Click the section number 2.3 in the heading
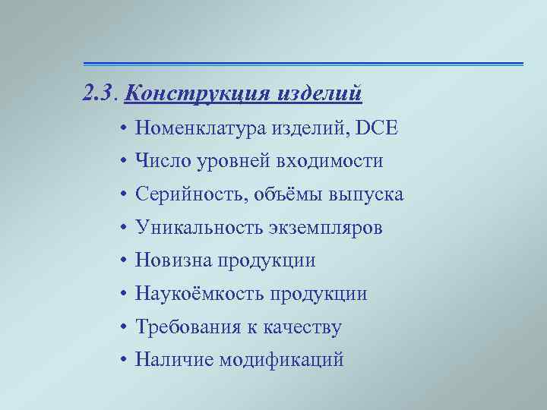(x=99, y=95)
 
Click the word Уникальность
(x=198, y=228)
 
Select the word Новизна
(x=175, y=260)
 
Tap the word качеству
(x=302, y=327)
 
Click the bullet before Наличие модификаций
(x=122, y=360)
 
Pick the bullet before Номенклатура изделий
(x=122, y=129)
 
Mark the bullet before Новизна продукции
(x=122, y=260)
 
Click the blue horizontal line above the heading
(x=303, y=63)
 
